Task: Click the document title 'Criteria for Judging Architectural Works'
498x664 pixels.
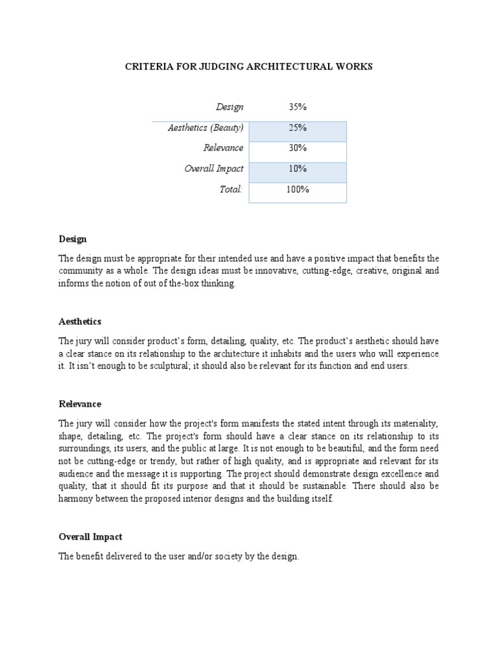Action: click(x=249, y=67)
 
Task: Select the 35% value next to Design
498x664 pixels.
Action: click(x=298, y=107)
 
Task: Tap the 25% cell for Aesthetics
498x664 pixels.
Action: click(x=298, y=128)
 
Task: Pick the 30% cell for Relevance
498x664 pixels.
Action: click(x=298, y=148)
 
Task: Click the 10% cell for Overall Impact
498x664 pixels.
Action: click(x=298, y=169)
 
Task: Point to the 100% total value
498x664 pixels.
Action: click(x=298, y=189)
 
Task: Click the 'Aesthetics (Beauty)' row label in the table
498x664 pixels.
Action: click(x=206, y=128)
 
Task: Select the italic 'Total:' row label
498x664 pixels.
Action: click(x=231, y=189)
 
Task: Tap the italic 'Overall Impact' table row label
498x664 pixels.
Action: click(x=214, y=169)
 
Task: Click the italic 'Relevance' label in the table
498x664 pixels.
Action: click(x=223, y=148)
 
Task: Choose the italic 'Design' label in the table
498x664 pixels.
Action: click(x=230, y=107)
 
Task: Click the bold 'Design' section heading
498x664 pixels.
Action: click(x=73, y=239)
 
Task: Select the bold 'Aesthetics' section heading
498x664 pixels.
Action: click(x=80, y=322)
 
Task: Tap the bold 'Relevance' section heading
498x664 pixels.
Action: click(x=80, y=404)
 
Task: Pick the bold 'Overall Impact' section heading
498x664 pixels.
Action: click(x=90, y=537)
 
